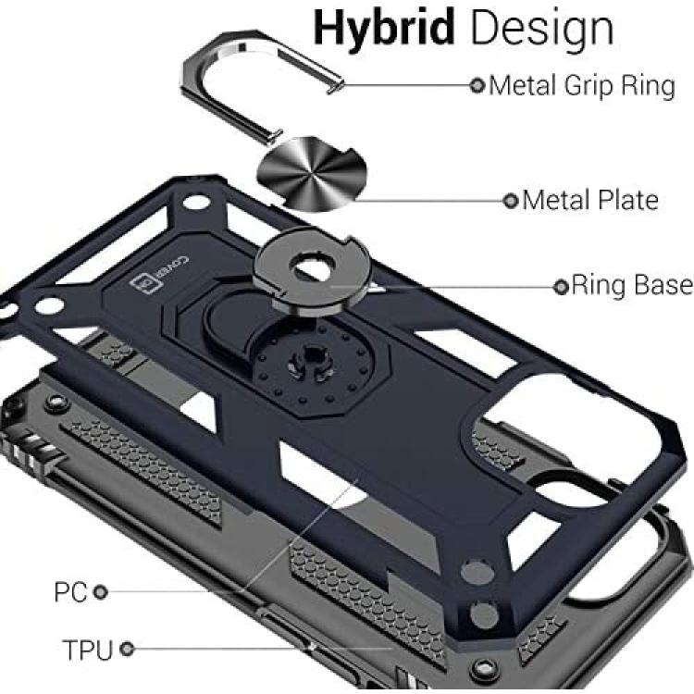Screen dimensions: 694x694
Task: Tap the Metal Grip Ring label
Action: click(582, 87)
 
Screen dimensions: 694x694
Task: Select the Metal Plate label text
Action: click(590, 200)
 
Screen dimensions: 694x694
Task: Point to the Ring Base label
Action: click(632, 285)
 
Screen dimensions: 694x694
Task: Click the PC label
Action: click(70, 592)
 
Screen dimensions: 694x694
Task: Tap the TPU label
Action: click(88, 650)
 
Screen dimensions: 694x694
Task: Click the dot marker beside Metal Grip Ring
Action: click(477, 85)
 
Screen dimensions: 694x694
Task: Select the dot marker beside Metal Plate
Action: click(511, 201)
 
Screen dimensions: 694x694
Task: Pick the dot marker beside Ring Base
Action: click(561, 287)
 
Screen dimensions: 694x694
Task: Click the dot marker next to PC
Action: click(101, 592)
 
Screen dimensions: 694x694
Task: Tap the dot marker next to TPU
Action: click(127, 650)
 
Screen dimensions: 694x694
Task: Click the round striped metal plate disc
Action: click(313, 174)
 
